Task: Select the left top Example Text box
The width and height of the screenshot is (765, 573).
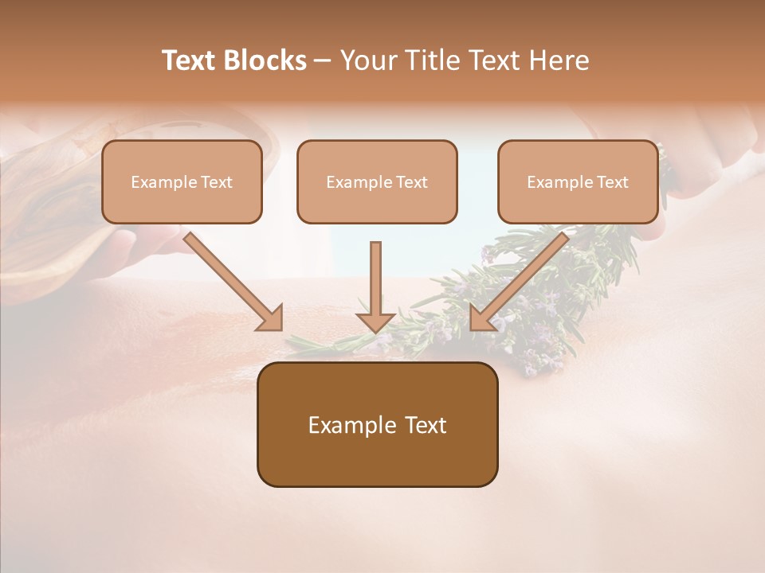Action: tap(182, 181)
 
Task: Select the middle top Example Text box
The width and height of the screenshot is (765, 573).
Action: tap(377, 181)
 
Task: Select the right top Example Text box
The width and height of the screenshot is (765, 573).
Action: tap(578, 181)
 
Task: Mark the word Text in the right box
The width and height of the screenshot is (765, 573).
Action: tap(613, 182)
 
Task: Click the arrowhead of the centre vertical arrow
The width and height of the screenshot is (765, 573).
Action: tap(375, 322)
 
